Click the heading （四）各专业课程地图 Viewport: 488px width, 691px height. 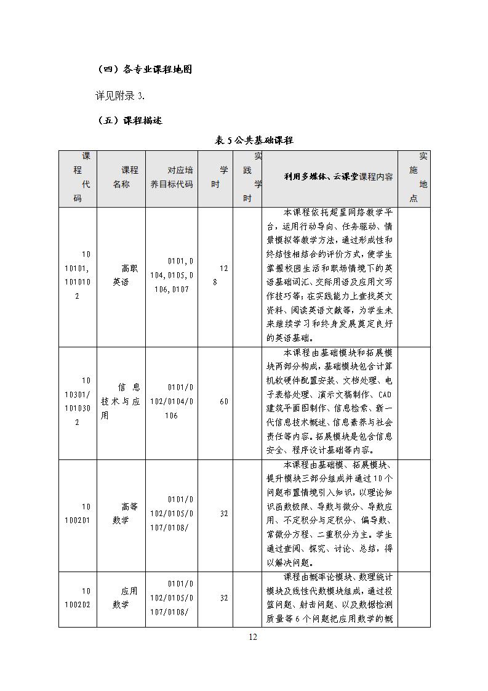pyautogui.click(x=145, y=70)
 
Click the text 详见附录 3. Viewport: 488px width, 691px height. pyautogui.click(x=120, y=95)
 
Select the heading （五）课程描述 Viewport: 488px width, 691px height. pyautogui.click(x=130, y=121)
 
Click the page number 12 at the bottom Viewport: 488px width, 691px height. pyautogui.click(x=252, y=637)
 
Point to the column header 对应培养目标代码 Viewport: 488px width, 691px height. pyautogui.click(x=172, y=177)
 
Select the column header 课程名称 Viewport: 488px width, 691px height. pyautogui.click(x=121, y=177)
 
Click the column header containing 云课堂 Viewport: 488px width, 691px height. pyautogui.click(x=338, y=177)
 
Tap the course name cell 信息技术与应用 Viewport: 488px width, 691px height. pyautogui.click(x=121, y=402)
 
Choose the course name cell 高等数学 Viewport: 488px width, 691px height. pyautogui.click(x=121, y=513)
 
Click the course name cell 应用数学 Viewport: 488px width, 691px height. pyautogui.click(x=121, y=597)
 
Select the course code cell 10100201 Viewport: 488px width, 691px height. pyautogui.click(x=78, y=513)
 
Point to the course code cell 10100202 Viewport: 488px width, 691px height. pyautogui.click(x=78, y=597)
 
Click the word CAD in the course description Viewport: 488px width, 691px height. pyautogui.click(x=384, y=394)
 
